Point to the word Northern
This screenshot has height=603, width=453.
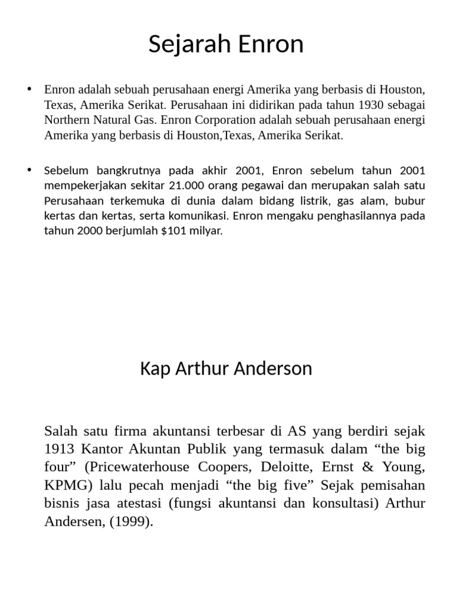point(67,120)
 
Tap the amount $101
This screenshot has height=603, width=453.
point(172,231)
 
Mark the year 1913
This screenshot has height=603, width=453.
point(58,449)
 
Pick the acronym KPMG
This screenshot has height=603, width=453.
point(63,486)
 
